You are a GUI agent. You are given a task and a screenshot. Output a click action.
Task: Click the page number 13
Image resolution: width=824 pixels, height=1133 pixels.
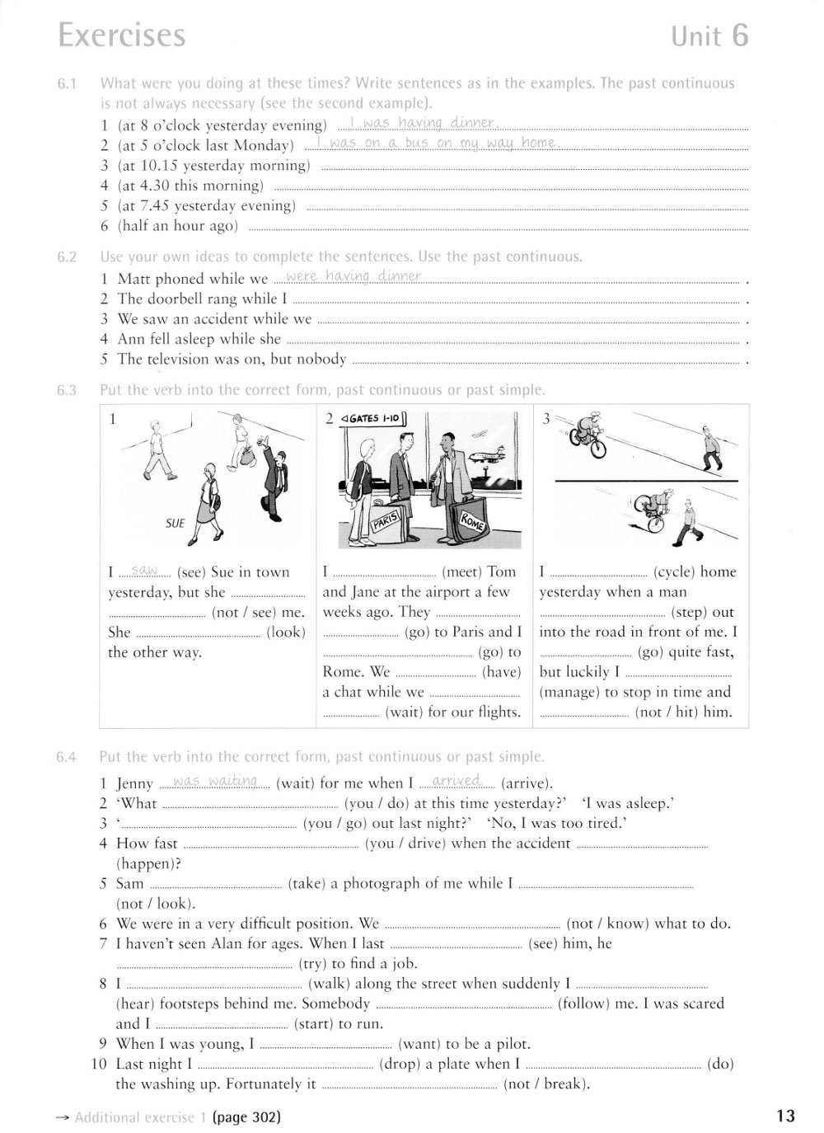click(785, 1117)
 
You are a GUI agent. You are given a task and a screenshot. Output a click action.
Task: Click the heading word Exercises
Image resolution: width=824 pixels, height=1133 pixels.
click(122, 35)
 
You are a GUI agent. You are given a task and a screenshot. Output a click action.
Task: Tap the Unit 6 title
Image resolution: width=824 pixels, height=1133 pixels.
click(709, 36)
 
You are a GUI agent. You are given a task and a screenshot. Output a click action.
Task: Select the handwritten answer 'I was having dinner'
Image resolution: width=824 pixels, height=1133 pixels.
click(420, 124)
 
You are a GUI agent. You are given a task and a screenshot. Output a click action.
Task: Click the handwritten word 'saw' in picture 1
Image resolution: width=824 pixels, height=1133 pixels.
click(145, 571)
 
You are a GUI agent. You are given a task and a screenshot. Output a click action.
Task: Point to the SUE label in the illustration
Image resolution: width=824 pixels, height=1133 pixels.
click(175, 523)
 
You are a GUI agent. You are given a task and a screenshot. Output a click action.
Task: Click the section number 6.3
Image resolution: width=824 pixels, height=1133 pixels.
click(67, 390)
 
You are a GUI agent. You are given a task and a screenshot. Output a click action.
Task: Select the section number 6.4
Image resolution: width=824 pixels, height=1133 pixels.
click(67, 757)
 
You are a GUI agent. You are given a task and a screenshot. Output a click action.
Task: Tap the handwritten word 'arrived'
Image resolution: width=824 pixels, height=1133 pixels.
click(456, 781)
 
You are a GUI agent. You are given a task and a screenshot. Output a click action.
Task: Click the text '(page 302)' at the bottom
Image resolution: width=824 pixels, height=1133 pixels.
click(246, 1117)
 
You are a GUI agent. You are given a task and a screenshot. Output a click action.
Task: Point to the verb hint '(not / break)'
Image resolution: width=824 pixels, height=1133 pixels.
click(546, 1084)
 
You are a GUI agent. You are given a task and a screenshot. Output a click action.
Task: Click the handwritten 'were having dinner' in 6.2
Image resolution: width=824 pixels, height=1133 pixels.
click(353, 276)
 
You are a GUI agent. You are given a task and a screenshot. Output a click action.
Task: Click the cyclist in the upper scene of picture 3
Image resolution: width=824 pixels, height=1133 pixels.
click(588, 435)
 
